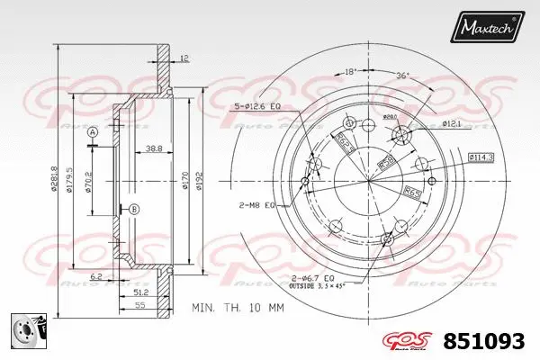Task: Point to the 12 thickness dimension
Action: [x=184, y=58]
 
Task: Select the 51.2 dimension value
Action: [x=139, y=292]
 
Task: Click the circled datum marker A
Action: [x=92, y=133]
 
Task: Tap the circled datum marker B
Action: [x=134, y=210]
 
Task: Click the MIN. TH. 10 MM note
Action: [x=238, y=308]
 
